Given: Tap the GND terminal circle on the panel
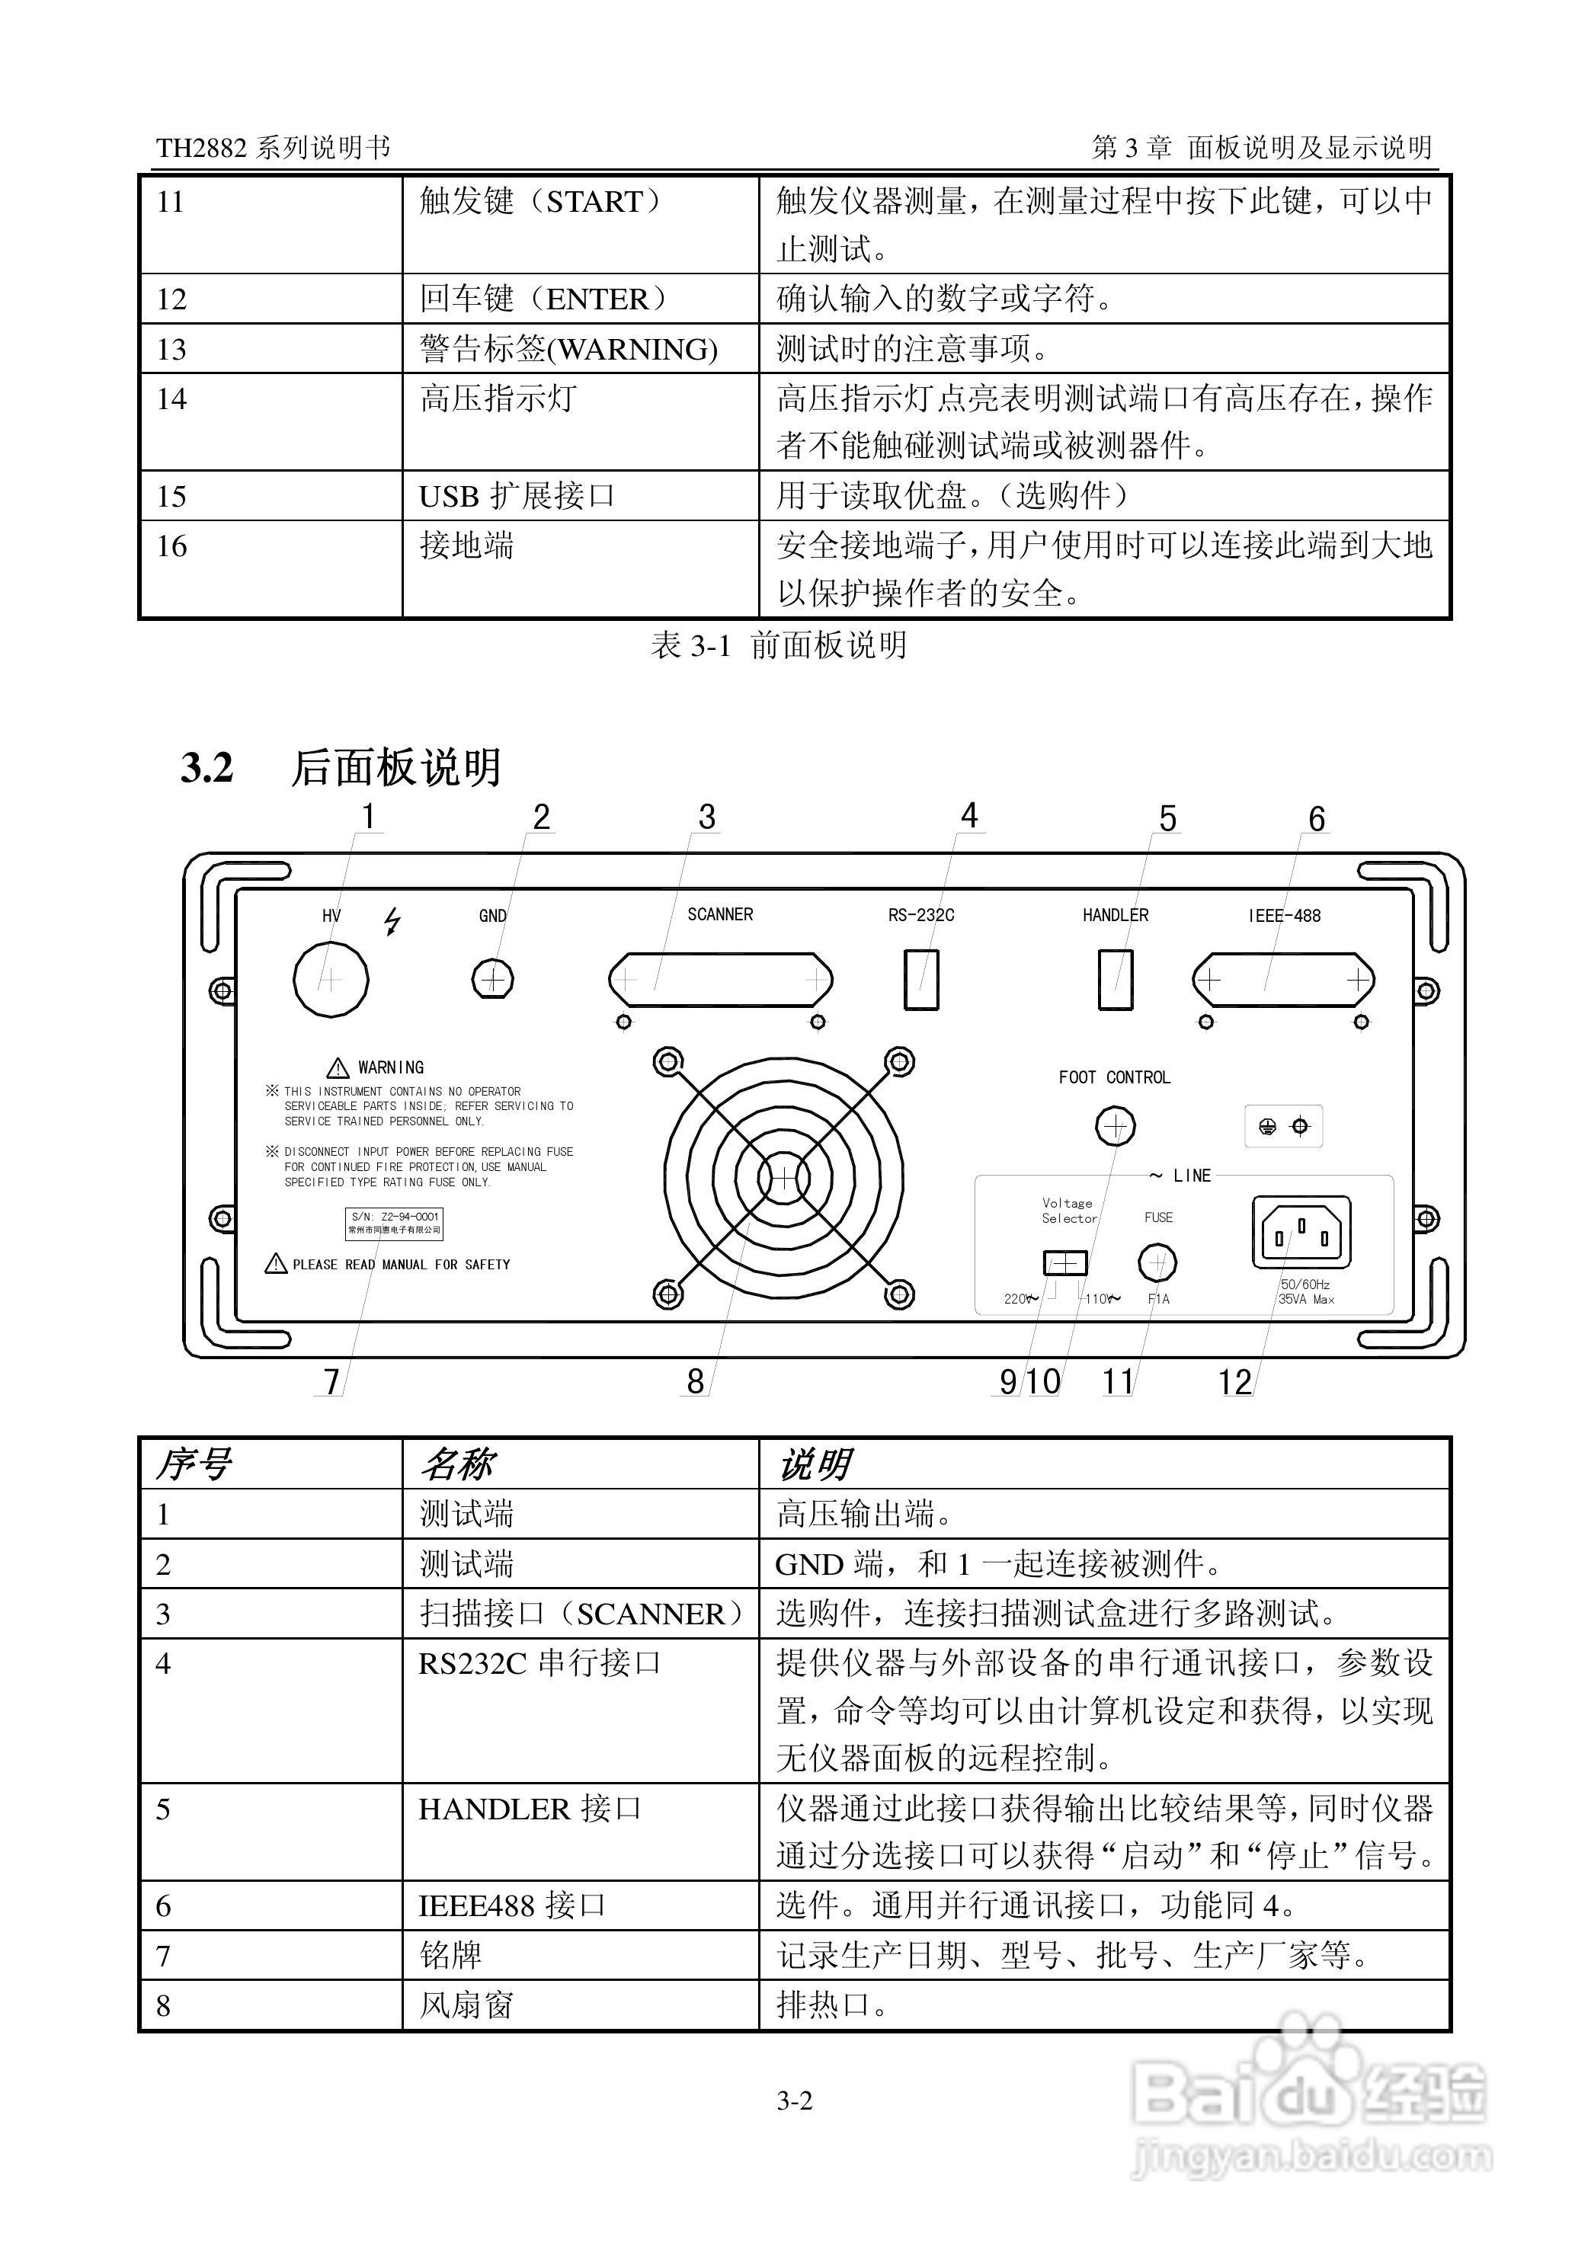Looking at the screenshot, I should [493, 978].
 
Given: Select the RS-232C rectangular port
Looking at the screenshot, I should [921, 978].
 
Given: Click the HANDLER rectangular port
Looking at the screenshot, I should [1115, 978].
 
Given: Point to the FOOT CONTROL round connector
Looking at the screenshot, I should [1114, 1126].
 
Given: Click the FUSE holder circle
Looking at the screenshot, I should [1157, 1262].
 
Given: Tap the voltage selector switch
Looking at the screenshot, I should [1065, 1262].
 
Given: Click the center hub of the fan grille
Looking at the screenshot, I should [784, 1179].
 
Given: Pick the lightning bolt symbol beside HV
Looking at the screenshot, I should [393, 921].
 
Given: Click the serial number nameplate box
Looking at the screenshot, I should [395, 1222].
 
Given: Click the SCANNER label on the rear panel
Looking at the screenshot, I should [720, 915].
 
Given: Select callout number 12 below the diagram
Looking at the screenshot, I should [1234, 1382].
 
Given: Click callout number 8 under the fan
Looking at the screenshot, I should [695, 1381].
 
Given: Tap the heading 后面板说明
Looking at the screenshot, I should [395, 768].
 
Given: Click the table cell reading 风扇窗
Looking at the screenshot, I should [466, 2005].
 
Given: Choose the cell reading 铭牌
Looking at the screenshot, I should [450, 1955].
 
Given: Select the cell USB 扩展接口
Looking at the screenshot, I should [517, 497].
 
